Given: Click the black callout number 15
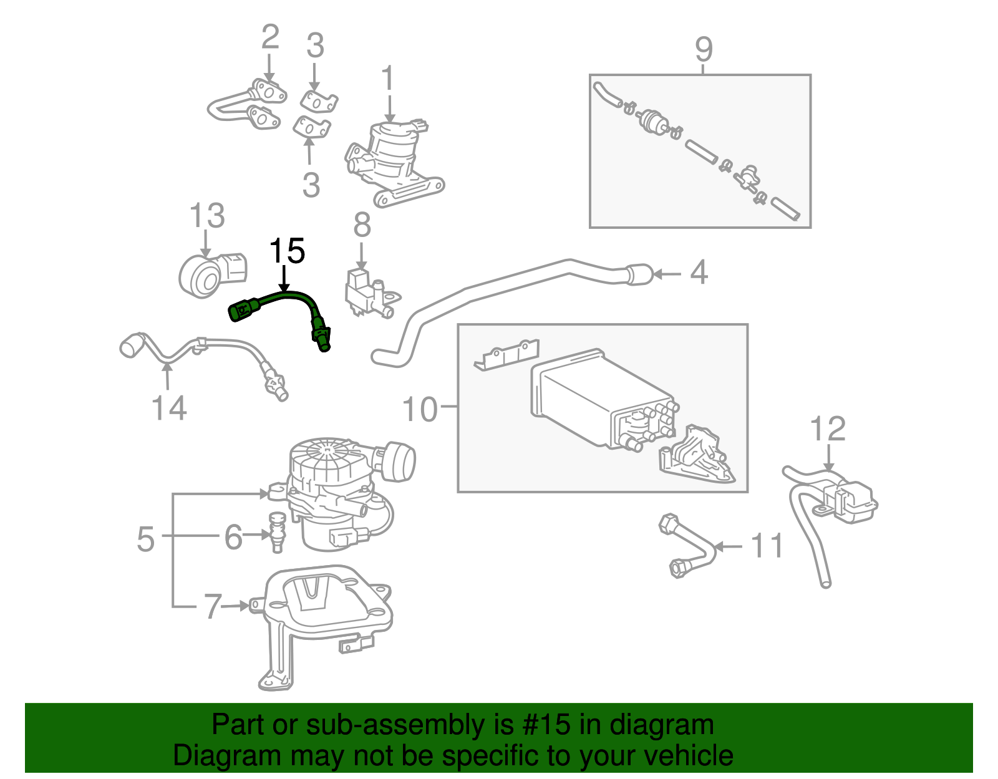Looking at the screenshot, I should point(286,251).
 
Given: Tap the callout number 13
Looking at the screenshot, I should point(207,216).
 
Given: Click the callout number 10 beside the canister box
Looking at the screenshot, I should point(420,410).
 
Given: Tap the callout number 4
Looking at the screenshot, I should point(699,273).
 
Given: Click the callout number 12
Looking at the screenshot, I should point(827,429).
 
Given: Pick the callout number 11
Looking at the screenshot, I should point(767,546).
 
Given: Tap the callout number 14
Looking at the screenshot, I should point(169,409).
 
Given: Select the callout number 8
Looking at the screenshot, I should point(362,225).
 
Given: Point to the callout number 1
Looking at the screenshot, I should point(388,79).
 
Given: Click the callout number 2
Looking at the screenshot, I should point(269,37).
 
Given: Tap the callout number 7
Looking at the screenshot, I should point(213,606).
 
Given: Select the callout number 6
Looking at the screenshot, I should point(233,536).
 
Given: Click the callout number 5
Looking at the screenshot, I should point(145,539).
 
